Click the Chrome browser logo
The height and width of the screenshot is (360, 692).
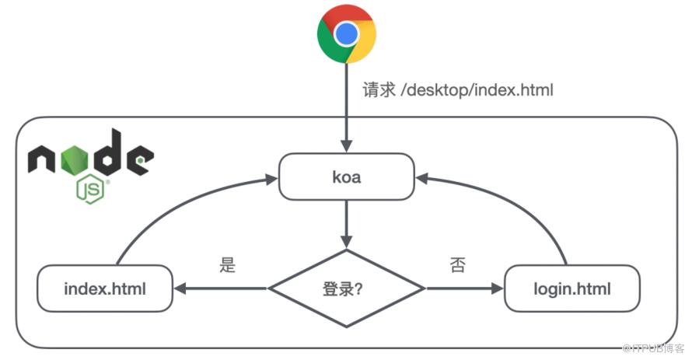347,33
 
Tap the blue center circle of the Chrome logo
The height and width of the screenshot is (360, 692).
347,34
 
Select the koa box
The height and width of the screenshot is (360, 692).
347,177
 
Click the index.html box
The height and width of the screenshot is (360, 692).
105,288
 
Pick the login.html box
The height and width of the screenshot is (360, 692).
572,288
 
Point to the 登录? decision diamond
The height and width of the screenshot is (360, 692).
347,289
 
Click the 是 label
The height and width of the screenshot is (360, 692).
228,264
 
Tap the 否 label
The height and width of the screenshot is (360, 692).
458,264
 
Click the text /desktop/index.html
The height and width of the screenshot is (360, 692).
477,90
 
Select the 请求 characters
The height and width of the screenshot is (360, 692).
379,90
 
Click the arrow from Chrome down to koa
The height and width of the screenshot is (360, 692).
347,108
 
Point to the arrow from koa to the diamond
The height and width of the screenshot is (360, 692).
347,224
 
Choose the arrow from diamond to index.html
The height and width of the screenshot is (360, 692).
221,289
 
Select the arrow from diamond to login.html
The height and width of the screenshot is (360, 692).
464,289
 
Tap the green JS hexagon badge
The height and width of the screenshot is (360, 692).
90,190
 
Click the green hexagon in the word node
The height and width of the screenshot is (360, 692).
74,160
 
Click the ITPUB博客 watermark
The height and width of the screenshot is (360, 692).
653,348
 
